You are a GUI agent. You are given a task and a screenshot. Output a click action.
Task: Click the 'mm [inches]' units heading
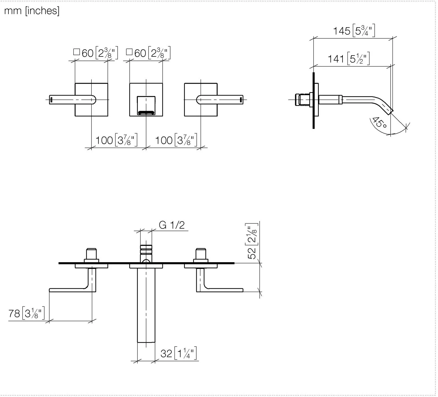[32, 11]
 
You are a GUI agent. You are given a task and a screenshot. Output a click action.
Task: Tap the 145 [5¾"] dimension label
[354, 30]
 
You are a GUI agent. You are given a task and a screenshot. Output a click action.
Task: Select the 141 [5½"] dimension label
[348, 59]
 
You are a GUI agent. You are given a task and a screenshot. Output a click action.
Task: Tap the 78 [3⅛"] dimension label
[27, 313]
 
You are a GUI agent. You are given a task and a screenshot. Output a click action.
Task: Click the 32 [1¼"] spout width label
[178, 353]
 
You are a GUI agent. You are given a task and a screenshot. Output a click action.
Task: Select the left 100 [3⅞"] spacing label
[116, 140]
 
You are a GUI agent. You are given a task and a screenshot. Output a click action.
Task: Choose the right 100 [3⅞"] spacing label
[176, 140]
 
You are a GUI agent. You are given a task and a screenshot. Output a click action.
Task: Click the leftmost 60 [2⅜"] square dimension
[95, 53]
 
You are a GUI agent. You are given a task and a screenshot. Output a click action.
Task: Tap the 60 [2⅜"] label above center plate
[148, 53]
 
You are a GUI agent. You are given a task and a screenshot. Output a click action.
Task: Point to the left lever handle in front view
[72, 100]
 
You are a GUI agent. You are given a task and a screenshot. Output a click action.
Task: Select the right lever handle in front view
[220, 99]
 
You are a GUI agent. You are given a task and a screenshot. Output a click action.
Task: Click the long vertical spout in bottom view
[146, 305]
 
